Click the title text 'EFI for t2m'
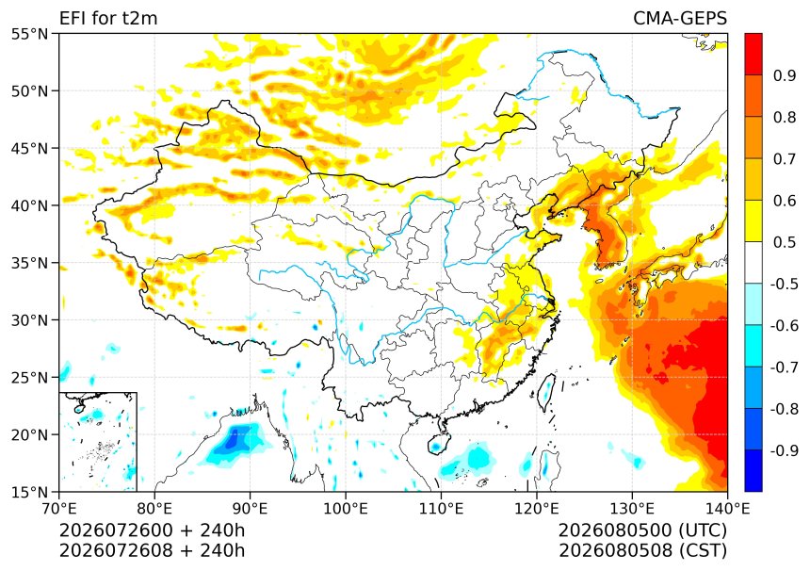point(108,18)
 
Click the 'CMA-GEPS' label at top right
point(680,18)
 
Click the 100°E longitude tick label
point(346,509)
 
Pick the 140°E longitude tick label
point(727,509)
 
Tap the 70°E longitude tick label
point(59,509)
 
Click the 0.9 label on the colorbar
point(785,75)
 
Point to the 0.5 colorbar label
point(785,242)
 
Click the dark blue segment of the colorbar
point(753,470)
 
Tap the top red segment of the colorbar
point(753,55)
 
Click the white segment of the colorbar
point(753,263)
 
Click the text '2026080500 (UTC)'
point(642,530)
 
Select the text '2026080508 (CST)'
point(642,550)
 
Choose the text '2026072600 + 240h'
point(153,530)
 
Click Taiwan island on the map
point(546,391)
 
